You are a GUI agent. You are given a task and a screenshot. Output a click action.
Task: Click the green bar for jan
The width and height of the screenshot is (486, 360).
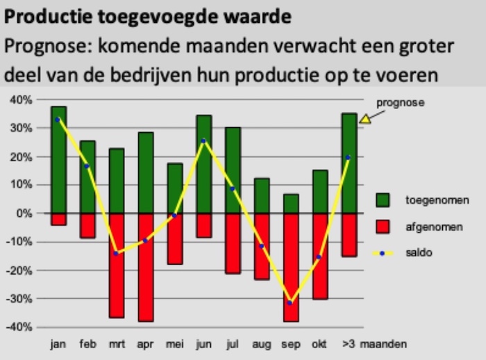(x=58, y=160)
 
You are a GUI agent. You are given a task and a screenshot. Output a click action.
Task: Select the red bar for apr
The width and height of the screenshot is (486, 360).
(x=145, y=268)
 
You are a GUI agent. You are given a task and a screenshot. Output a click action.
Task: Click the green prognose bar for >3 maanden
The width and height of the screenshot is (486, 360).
(x=349, y=163)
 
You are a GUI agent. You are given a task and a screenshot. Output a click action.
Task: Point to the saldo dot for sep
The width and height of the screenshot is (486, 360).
(x=290, y=303)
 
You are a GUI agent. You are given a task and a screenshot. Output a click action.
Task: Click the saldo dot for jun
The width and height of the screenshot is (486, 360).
(x=203, y=141)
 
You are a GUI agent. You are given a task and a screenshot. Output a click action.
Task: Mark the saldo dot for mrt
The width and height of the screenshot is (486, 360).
(x=116, y=253)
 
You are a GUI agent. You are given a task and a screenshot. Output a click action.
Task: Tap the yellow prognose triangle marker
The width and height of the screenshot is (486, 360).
(x=365, y=118)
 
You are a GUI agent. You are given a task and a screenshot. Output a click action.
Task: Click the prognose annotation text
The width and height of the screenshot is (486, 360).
(x=400, y=103)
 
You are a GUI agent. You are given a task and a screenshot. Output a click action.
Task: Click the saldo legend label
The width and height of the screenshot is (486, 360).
(x=419, y=253)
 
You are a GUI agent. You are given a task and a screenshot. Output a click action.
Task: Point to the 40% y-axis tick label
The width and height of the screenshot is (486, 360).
(x=21, y=100)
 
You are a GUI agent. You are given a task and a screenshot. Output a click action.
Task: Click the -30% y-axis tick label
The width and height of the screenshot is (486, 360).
(x=19, y=299)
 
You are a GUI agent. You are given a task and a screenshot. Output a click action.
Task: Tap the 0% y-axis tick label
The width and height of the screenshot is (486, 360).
(x=24, y=213)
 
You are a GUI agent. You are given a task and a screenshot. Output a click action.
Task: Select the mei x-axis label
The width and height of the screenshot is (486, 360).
(x=174, y=344)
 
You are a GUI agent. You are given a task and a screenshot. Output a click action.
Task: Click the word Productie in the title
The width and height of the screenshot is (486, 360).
(x=42, y=16)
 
